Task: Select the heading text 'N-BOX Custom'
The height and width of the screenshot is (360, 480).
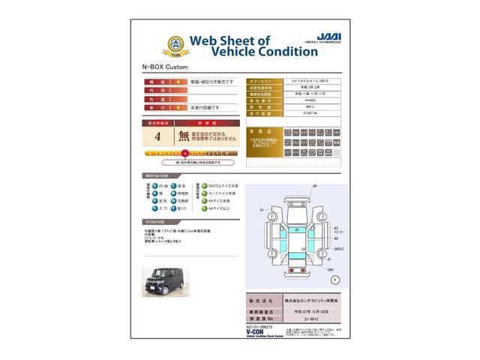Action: click(x=162, y=67)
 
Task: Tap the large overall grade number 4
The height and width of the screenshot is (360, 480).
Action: click(x=157, y=136)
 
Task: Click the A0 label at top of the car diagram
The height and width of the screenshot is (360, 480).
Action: click(x=315, y=185)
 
